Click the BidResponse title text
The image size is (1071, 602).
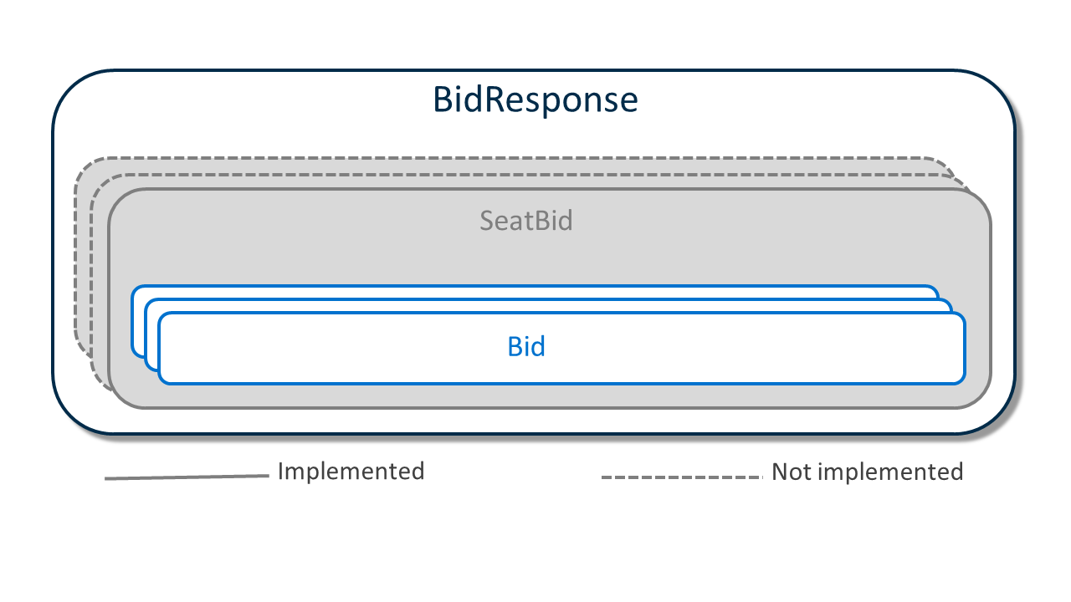(535, 100)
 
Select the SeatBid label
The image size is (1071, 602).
(526, 221)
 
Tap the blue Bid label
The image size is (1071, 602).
(526, 346)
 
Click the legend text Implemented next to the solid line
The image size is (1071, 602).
(351, 472)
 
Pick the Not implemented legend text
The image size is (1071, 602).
(868, 472)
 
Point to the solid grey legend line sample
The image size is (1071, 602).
(187, 477)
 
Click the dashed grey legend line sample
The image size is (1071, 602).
(682, 477)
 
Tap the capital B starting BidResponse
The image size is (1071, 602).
(443, 99)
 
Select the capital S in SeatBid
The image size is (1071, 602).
(488, 221)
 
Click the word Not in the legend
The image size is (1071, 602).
(792, 472)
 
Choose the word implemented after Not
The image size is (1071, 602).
(890, 472)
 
